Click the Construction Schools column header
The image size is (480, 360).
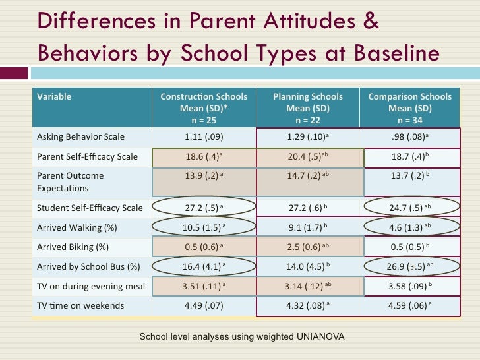[x=204, y=108]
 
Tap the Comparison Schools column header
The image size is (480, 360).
[x=409, y=108]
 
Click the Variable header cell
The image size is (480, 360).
[x=55, y=97]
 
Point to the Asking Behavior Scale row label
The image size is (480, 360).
[x=80, y=137]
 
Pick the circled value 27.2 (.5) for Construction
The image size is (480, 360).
[x=204, y=208]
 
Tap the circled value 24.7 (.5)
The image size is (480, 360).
[x=409, y=208]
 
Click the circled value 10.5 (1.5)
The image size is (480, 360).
[x=204, y=228]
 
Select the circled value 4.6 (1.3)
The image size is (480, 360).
[x=409, y=228]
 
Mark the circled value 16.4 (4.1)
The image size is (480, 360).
[x=204, y=266]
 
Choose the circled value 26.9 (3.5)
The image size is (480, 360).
[x=409, y=266]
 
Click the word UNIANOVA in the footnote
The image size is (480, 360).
[x=315, y=337]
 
